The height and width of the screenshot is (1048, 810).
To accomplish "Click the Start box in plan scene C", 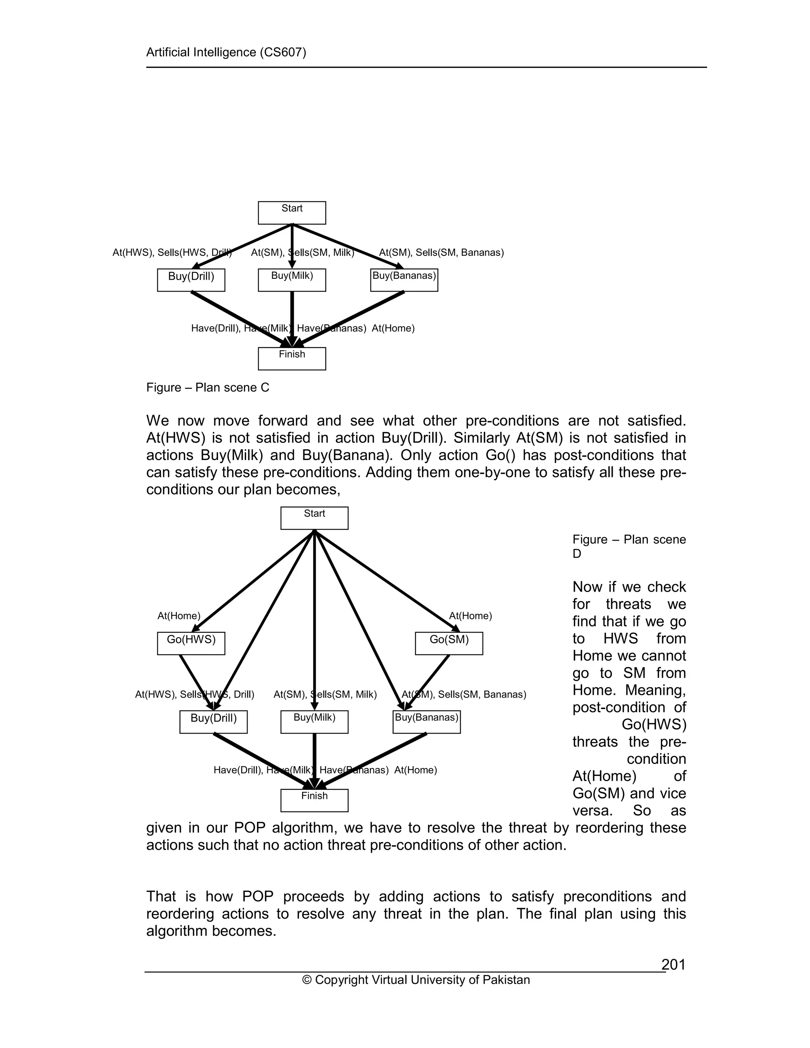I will (x=292, y=213).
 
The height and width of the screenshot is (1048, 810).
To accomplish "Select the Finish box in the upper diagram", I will (x=292, y=358).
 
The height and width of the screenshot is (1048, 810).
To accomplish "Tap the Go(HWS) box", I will (x=191, y=643).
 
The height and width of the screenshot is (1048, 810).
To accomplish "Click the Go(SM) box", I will (x=449, y=643).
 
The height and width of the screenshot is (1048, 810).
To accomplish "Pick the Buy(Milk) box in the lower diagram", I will (x=314, y=722).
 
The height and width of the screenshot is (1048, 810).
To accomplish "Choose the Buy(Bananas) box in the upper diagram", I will (x=404, y=280).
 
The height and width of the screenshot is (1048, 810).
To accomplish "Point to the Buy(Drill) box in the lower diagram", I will (x=214, y=722).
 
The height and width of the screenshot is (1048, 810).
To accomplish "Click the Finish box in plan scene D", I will (x=314, y=800).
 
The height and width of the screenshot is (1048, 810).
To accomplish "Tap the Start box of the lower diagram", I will (x=314, y=518).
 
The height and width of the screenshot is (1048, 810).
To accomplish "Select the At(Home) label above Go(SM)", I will (x=470, y=616).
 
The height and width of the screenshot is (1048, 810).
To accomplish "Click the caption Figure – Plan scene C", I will (x=208, y=387).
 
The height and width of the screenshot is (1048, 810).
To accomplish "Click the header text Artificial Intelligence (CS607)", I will (x=226, y=52).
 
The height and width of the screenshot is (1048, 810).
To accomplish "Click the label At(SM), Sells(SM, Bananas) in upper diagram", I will (x=441, y=252).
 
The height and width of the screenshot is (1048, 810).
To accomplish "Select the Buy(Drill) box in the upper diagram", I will (x=191, y=280).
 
